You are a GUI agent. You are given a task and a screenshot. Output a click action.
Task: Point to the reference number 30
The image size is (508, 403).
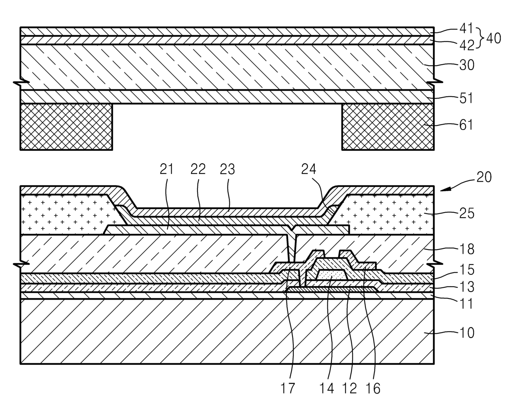point(466,64)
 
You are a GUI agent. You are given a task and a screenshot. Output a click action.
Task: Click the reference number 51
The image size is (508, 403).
point(466,98)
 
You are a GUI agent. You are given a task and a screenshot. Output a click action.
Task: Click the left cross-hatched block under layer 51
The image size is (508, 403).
point(66,126)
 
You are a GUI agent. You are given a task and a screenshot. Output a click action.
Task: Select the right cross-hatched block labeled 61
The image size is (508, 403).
point(387,126)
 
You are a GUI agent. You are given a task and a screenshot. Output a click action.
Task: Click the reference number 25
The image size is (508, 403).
point(466,213)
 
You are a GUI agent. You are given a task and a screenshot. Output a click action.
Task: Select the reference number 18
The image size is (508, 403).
point(466,248)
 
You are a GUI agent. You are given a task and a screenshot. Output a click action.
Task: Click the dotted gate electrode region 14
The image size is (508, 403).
point(332,275)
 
